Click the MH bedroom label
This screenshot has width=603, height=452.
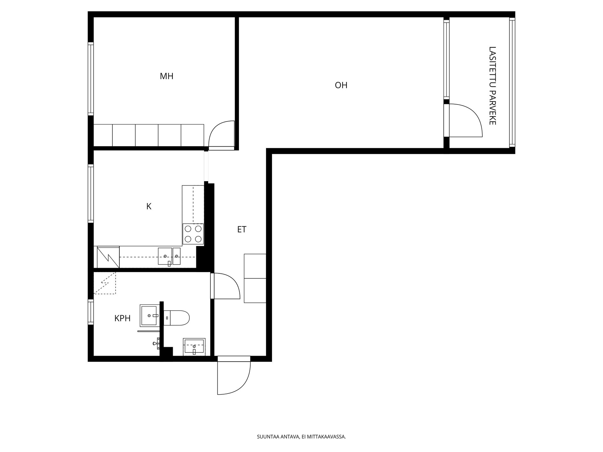click(166, 76)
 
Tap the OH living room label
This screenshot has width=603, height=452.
click(341, 85)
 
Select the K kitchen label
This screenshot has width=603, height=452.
click(149, 206)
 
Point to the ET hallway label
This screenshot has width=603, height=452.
click(242, 229)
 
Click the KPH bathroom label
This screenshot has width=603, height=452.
click(122, 318)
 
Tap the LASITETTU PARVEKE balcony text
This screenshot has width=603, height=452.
click(492, 86)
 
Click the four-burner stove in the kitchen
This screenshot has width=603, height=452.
click(193, 234)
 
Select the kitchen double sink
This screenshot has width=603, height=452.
click(169, 256)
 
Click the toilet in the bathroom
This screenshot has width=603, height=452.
click(177, 318)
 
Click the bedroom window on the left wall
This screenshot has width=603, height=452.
click(91, 79)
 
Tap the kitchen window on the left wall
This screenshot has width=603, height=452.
click(91, 193)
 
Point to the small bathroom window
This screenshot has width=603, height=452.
click(91, 312)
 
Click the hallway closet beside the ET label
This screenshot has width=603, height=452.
click(255, 278)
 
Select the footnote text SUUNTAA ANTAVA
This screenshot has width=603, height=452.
click(278, 437)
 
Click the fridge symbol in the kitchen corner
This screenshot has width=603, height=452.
click(108, 257)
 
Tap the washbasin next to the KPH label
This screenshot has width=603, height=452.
click(150, 315)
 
